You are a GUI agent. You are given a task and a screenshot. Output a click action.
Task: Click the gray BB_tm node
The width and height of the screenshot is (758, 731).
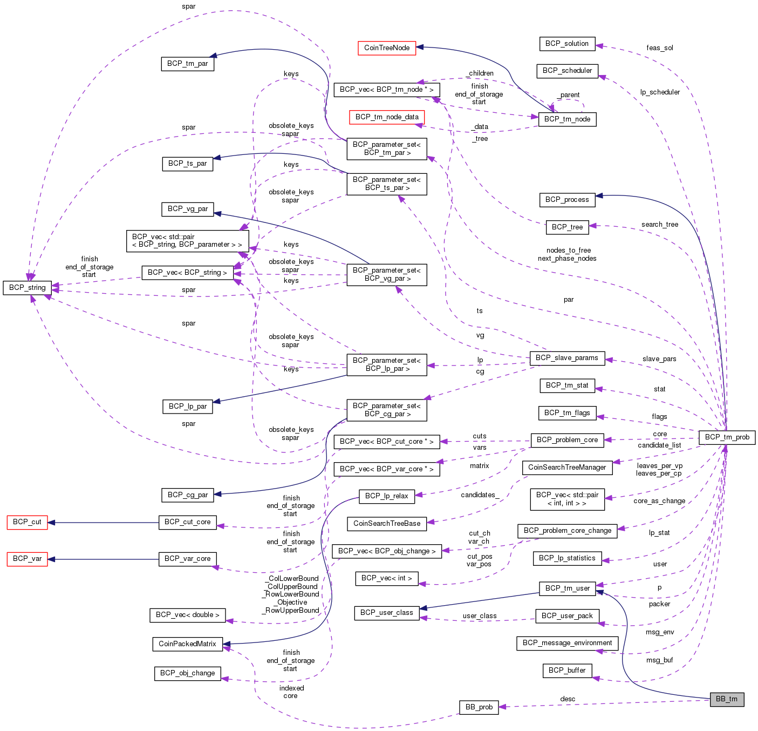(x=727, y=699)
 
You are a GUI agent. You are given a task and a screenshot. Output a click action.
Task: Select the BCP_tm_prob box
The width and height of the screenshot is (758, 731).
(x=727, y=437)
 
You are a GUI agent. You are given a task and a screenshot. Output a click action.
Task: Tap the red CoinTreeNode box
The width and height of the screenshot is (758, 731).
(x=387, y=48)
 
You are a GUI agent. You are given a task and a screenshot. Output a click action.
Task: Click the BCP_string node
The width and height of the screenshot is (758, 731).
(x=28, y=288)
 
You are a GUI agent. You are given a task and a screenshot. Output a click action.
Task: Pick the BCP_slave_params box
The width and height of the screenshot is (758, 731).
(x=566, y=358)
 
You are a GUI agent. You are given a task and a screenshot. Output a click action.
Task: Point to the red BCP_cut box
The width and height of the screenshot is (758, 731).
(x=27, y=522)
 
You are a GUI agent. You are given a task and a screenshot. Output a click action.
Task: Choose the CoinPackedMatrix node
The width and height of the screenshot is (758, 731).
(x=187, y=644)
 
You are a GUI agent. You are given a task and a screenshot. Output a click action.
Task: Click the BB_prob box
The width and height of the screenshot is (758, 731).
(x=479, y=707)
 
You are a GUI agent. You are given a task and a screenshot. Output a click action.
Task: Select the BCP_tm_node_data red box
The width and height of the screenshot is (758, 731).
(x=387, y=117)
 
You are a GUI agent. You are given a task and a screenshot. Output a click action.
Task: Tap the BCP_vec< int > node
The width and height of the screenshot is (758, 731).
(x=387, y=578)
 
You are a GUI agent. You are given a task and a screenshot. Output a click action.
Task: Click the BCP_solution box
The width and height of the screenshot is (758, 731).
(x=566, y=43)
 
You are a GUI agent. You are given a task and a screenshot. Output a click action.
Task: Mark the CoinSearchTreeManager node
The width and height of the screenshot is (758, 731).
(x=567, y=468)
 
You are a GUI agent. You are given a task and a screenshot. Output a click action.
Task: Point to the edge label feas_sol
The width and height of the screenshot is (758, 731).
(x=660, y=48)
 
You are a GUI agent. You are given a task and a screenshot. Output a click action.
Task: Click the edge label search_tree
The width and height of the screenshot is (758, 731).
(x=660, y=225)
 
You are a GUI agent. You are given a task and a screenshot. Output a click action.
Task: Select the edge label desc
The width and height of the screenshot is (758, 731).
(x=568, y=699)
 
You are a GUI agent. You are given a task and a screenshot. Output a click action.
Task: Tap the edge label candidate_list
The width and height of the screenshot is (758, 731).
(x=659, y=445)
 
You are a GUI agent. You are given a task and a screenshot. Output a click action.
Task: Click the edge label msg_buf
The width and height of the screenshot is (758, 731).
(x=660, y=660)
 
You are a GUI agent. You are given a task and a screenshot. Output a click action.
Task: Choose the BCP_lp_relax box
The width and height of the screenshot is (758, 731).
(x=387, y=496)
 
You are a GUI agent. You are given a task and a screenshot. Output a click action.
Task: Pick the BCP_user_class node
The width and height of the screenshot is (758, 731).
(x=386, y=613)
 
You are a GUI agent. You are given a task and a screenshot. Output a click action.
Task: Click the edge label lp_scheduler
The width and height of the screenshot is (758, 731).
(x=660, y=92)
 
